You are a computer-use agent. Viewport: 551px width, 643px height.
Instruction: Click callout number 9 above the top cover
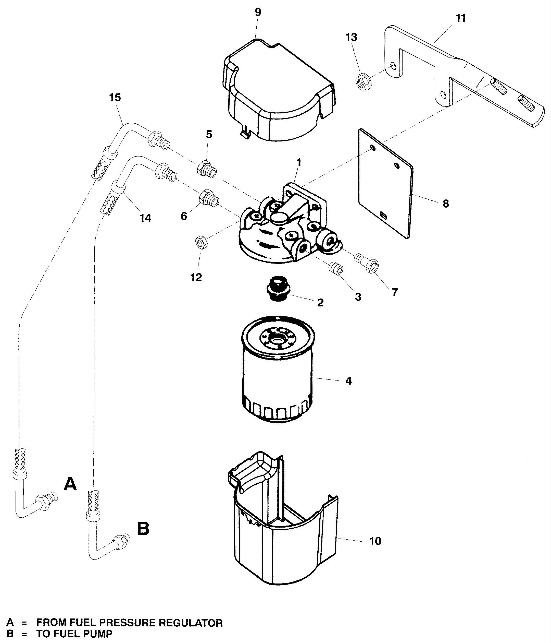[258, 13]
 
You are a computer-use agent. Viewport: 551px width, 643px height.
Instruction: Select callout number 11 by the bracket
[461, 18]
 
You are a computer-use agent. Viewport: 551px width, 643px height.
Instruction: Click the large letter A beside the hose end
[70, 484]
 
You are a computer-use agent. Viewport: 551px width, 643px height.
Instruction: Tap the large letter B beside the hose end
[143, 529]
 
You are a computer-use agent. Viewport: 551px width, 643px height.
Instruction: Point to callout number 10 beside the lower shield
[375, 541]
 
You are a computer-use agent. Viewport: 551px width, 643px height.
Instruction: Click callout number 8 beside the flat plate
[446, 204]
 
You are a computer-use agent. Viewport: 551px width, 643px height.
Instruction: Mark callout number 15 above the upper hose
[115, 98]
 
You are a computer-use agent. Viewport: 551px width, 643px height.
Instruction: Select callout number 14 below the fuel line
[145, 218]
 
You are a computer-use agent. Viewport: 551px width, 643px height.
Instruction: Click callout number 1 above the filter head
[299, 162]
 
